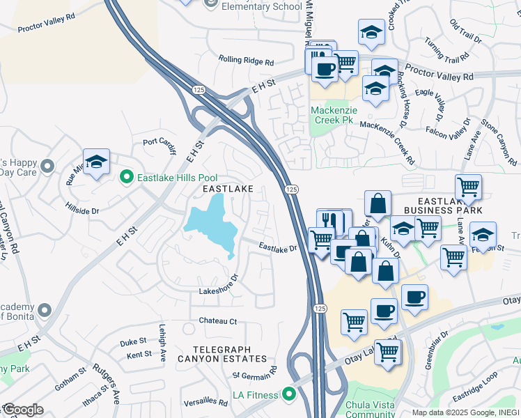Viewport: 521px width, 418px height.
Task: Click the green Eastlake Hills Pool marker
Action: pyautogui.click(x=126, y=178)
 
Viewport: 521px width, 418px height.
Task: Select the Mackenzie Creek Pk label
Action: pyautogui.click(x=333, y=115)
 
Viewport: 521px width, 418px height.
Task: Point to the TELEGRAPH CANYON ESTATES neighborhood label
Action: pyautogui.click(x=222, y=353)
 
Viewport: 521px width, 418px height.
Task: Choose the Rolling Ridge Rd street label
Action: pyautogui.click(x=246, y=61)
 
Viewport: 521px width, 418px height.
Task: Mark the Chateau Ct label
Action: pyautogui.click(x=218, y=321)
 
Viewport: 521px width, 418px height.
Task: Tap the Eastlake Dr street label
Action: pyautogui.click(x=277, y=247)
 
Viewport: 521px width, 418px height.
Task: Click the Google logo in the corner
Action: pyautogui.click(x=22, y=410)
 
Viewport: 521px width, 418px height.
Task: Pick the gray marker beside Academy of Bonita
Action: pyautogui.click(x=45, y=309)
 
